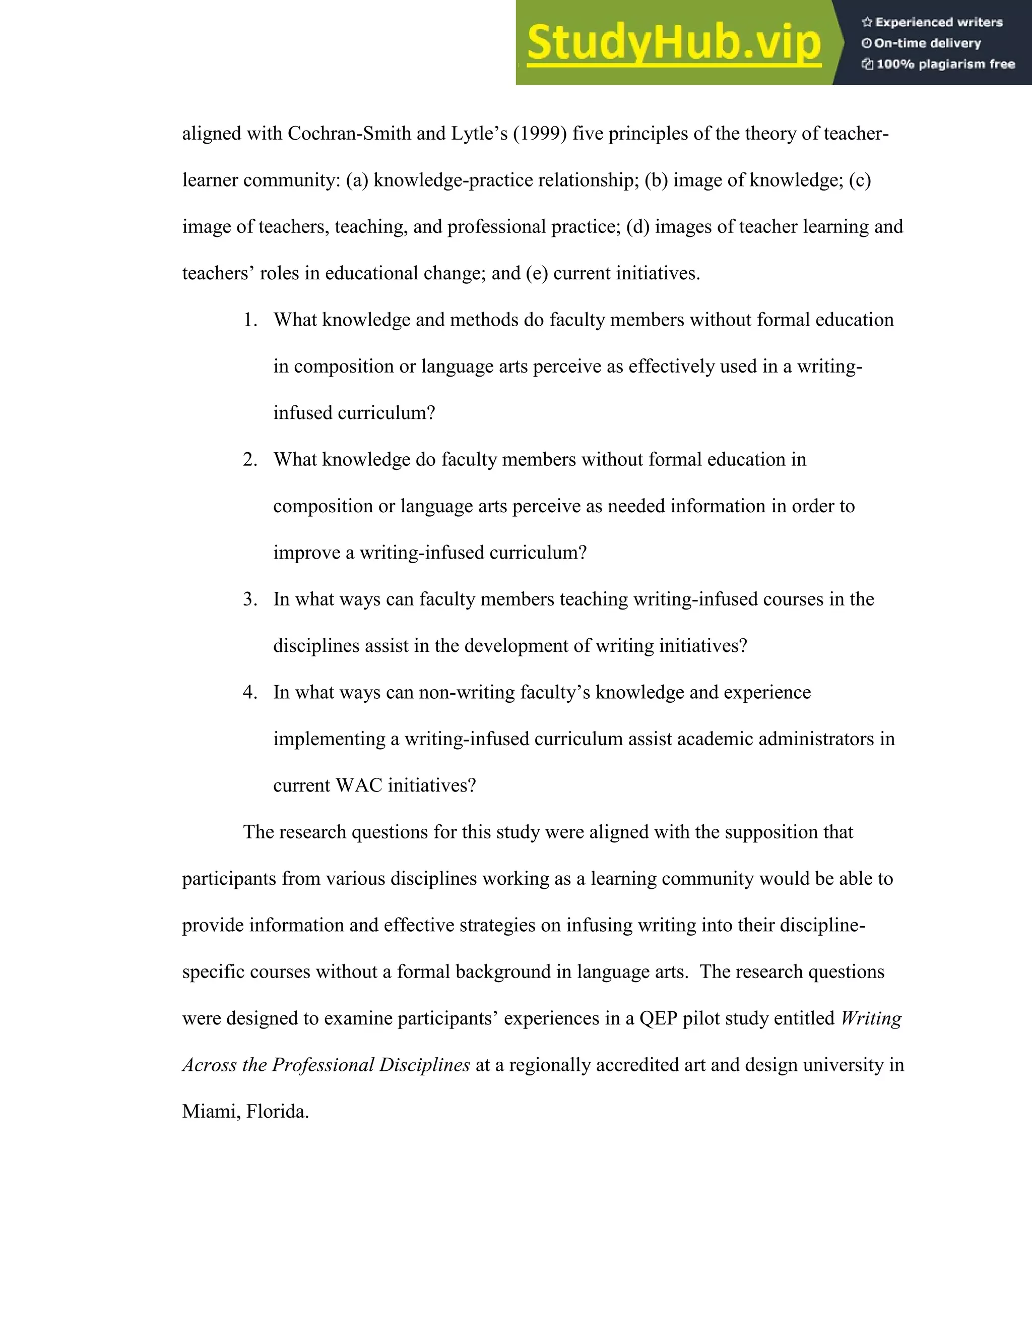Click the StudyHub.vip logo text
point(673,43)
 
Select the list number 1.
point(250,320)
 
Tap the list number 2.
point(250,459)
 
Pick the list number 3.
point(250,599)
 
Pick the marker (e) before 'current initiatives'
point(537,273)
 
